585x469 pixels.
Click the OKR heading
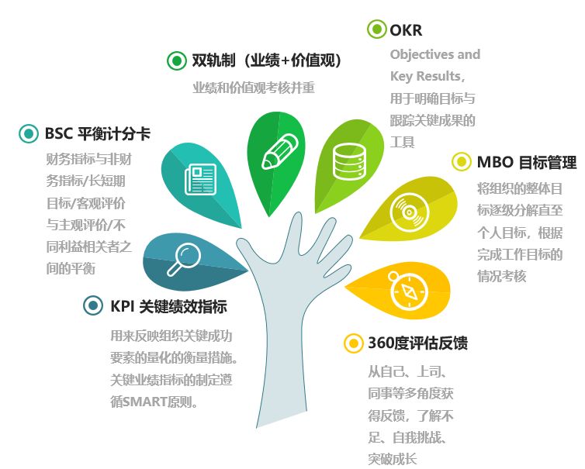coord(406,31)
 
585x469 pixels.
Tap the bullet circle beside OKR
coord(376,30)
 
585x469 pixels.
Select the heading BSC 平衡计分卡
coord(97,133)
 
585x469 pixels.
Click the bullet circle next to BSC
coord(29,134)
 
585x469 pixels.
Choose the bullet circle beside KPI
coord(93,305)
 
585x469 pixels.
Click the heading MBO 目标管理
coord(526,162)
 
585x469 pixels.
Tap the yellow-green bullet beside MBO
coord(462,162)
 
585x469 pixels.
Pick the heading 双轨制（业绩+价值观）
coord(267,60)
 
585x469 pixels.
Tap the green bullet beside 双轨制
coord(177,60)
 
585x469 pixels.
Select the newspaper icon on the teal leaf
coord(199,179)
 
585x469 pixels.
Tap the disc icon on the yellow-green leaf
coord(405,210)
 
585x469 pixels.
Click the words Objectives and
coord(434,54)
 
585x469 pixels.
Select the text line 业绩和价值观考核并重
coord(253,88)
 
